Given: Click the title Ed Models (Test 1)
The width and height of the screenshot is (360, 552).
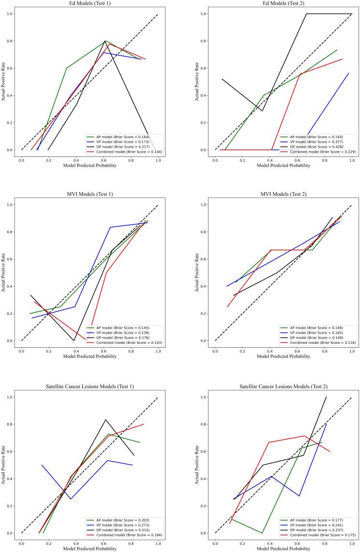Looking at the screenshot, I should click(x=90, y=4).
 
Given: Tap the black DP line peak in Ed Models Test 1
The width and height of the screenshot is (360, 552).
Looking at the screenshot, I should click(x=105, y=41).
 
